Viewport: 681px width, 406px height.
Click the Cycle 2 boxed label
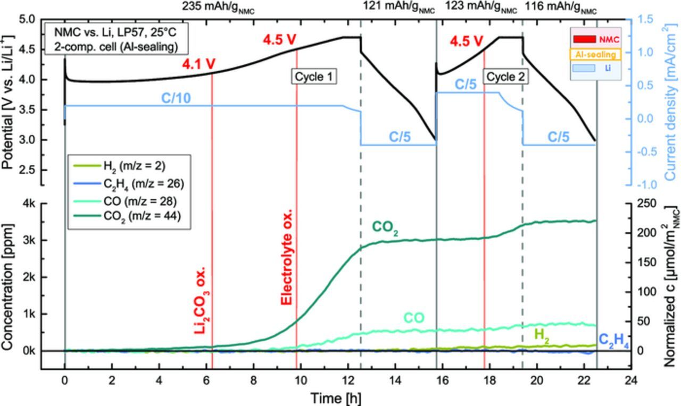pos(505,77)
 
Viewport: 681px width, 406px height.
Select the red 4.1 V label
pos(199,64)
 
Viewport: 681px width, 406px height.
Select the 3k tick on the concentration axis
pos(44,240)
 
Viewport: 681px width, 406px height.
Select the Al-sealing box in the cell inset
pos(595,54)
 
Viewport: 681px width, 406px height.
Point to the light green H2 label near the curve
pos(542,334)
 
